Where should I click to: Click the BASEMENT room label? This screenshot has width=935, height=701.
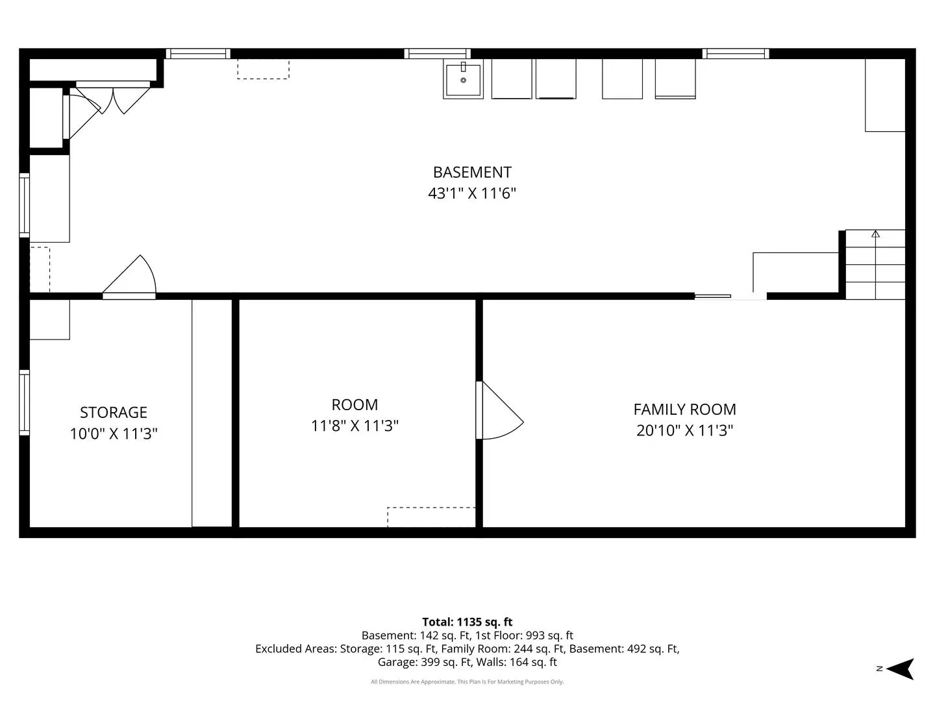point(472,173)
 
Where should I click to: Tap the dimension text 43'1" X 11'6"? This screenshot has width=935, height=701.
point(472,193)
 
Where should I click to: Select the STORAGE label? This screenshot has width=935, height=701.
point(114,412)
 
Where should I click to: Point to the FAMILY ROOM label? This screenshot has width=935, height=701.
point(684,410)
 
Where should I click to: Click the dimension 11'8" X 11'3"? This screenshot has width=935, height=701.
point(355,426)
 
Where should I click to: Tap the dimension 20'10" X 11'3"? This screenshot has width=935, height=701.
point(684,430)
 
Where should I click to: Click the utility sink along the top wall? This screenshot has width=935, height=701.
point(463,79)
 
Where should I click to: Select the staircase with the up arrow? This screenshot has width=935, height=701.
point(875,264)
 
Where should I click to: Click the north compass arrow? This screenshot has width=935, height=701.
point(901,669)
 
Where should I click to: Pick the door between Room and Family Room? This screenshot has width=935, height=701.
point(499,410)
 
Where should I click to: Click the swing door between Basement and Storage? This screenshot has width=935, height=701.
point(129,277)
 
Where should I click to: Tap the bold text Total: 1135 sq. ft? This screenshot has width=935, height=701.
point(467,622)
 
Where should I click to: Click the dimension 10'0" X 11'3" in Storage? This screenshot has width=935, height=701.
point(114,434)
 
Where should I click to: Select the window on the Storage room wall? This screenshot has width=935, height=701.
point(24,402)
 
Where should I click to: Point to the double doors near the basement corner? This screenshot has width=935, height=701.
point(112,97)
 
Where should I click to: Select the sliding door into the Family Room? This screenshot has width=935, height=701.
point(730,297)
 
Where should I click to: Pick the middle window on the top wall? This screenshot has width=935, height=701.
point(438,54)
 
